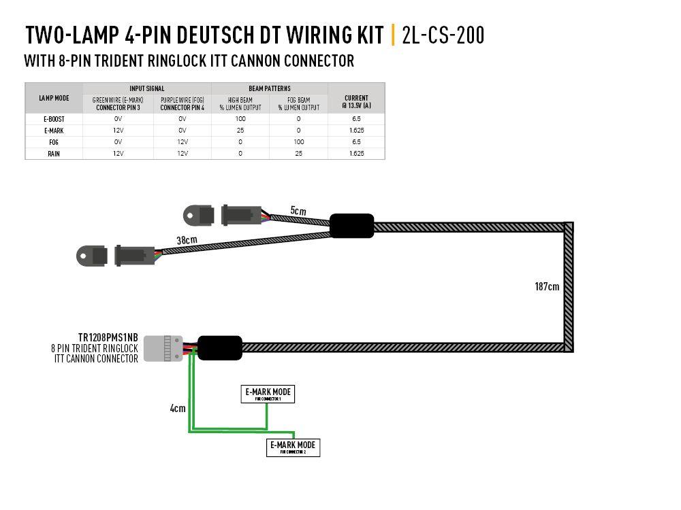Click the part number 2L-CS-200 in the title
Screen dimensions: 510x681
coord(443,34)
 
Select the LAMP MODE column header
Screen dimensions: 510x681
coord(54,99)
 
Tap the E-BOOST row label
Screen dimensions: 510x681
coord(54,118)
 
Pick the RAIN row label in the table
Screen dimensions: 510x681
coord(54,154)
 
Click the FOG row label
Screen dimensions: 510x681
coord(54,141)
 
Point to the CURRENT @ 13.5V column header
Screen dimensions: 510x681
coord(357,101)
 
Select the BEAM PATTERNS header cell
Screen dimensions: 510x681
coord(270,88)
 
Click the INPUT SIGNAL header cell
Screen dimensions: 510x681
coord(147,88)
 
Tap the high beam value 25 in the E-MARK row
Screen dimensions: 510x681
coord(240,130)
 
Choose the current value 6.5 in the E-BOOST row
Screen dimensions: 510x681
coord(357,118)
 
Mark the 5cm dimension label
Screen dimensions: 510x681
coord(298,211)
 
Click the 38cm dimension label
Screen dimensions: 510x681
coord(187,240)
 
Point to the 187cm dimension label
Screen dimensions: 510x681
coord(547,286)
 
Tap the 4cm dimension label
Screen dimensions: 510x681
coord(177,409)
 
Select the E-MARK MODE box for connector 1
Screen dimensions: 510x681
coord(268,394)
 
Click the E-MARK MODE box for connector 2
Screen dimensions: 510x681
coord(293,447)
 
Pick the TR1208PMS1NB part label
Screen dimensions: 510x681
coord(108,337)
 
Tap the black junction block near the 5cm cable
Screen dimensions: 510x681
coord(352,226)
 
